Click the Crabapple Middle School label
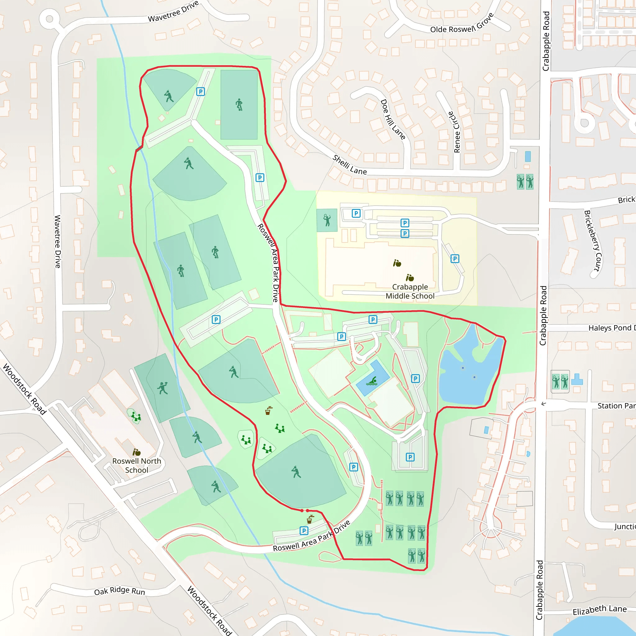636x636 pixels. click(x=410, y=291)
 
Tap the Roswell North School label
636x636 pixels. click(x=137, y=466)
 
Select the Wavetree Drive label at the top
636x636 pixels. click(x=173, y=12)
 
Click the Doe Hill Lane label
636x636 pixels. click(x=393, y=120)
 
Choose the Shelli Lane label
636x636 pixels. click(x=349, y=165)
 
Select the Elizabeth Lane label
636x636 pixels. click(x=599, y=610)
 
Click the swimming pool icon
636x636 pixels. click(x=372, y=381)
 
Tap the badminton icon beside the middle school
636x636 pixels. click(x=327, y=220)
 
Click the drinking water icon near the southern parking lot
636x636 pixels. click(x=310, y=520)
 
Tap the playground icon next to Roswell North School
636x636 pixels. click(x=136, y=416)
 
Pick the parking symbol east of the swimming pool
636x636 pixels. click(x=416, y=379)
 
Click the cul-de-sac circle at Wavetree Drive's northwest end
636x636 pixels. click(x=49, y=18)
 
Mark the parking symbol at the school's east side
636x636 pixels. click(x=455, y=259)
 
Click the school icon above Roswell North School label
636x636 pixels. click(x=136, y=452)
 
